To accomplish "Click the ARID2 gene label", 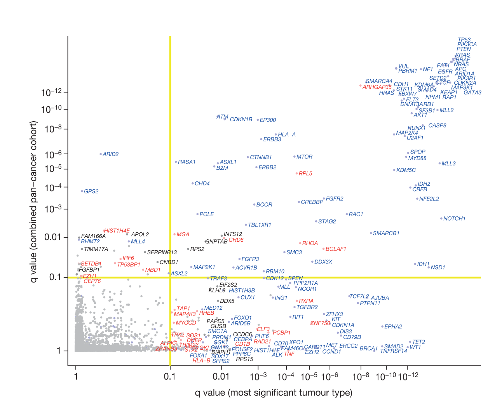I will point(111,154).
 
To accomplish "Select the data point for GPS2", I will point(82,191).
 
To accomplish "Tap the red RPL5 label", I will point(305,174).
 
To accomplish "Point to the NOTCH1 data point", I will point(441,218).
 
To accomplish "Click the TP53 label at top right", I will point(464,40).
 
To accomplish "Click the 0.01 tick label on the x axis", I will point(221,377).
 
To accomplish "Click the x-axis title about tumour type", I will point(274,393).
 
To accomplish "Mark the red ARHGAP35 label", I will point(377,87).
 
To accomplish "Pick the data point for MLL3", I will point(440,164).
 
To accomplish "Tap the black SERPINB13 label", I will point(162,253).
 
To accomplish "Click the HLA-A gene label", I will point(287,135).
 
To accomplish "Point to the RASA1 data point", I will point(176,162).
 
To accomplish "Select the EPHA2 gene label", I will point(393,327).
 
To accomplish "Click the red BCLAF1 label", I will point(336,249).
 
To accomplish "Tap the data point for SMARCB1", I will point(371,233).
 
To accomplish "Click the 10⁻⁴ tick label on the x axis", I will point(286,377).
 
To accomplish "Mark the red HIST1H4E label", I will point(117,231).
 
